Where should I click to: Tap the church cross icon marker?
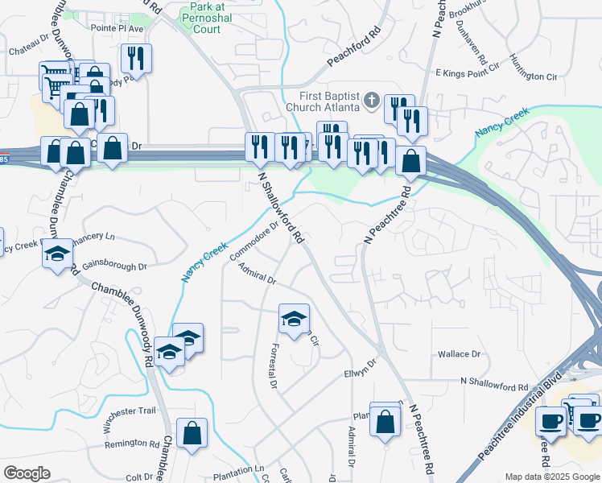coord(371,101)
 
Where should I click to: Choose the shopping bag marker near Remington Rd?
coord(192,433)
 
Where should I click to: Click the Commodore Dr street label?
coord(254,241)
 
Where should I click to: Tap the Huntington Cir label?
coord(538,75)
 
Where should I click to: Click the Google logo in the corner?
coord(27,473)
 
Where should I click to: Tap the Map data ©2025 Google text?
coord(551,477)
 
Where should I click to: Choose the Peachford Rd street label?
coord(353,50)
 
